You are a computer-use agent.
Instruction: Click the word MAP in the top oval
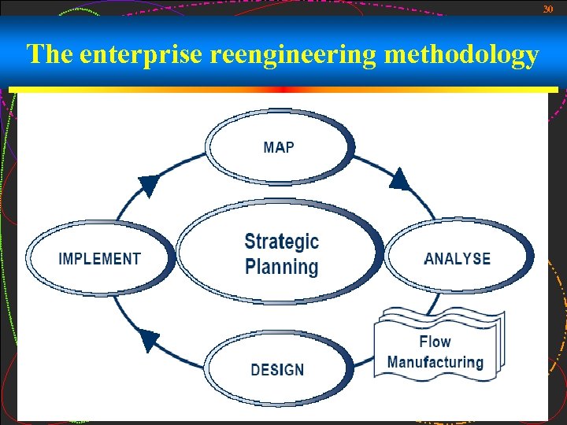click(x=279, y=147)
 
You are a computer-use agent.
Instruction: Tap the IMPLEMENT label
click(x=100, y=259)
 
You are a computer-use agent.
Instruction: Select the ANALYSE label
click(x=457, y=259)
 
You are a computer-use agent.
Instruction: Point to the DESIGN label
click(x=277, y=369)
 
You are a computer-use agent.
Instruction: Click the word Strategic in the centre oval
click(x=281, y=242)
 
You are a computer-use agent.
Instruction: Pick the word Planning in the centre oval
click(x=281, y=267)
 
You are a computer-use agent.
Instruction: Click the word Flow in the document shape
click(x=435, y=342)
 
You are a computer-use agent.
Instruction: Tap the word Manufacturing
click(x=435, y=363)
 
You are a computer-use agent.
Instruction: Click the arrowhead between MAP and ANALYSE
click(x=400, y=180)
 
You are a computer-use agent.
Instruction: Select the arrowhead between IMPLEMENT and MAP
click(x=148, y=186)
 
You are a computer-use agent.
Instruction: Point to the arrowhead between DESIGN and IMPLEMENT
click(x=149, y=340)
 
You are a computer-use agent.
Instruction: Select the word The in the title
click(x=50, y=55)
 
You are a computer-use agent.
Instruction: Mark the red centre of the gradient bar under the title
click(x=283, y=90)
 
